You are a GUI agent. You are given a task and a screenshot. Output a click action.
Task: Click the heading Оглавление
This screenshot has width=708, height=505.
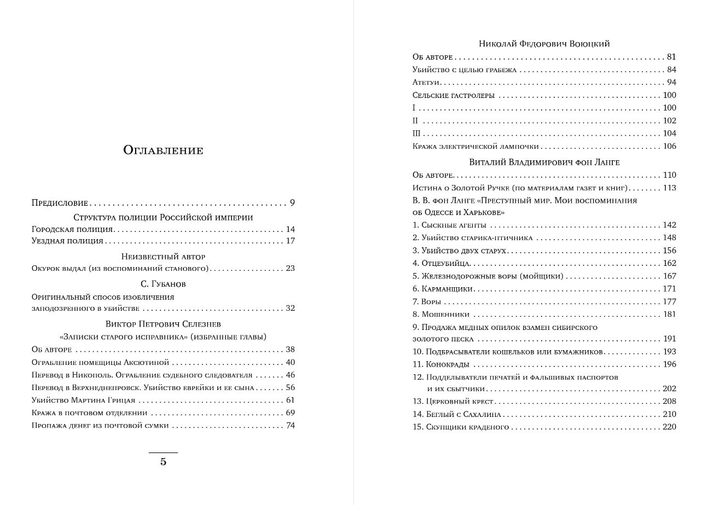(x=163, y=150)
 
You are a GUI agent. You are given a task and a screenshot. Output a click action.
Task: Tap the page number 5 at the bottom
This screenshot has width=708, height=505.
(x=163, y=462)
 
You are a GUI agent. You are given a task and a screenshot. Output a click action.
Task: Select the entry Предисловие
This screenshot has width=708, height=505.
(x=59, y=203)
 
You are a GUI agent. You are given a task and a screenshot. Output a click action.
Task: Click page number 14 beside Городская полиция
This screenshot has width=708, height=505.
(x=290, y=230)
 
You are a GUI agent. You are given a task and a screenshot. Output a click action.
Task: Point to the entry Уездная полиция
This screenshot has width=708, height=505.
(x=67, y=241)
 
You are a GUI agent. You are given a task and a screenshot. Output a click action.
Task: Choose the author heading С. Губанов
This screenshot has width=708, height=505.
(x=163, y=284)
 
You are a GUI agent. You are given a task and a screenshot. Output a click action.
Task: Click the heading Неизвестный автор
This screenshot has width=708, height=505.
(x=163, y=256)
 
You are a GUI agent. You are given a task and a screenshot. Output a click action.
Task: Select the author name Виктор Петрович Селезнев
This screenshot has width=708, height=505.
(x=163, y=324)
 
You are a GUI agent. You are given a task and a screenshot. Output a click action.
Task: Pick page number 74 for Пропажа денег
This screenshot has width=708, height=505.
(x=290, y=426)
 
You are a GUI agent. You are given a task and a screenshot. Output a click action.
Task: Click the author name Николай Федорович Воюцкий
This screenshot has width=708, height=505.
(x=544, y=44)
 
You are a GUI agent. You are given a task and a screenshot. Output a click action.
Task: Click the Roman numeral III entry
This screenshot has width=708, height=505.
(x=416, y=133)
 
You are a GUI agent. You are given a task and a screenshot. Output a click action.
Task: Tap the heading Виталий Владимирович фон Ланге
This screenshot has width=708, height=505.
(x=544, y=162)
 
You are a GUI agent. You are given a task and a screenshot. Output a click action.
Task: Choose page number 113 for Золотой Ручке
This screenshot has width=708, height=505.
(x=669, y=188)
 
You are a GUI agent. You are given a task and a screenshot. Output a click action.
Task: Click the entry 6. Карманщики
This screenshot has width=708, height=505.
(x=443, y=289)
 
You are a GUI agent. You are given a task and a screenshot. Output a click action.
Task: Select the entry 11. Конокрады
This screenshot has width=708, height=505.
(x=441, y=364)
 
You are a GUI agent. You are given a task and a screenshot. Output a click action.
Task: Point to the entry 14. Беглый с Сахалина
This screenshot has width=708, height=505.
(x=457, y=415)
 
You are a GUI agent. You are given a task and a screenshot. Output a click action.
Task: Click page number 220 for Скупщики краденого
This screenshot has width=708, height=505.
(x=669, y=427)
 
